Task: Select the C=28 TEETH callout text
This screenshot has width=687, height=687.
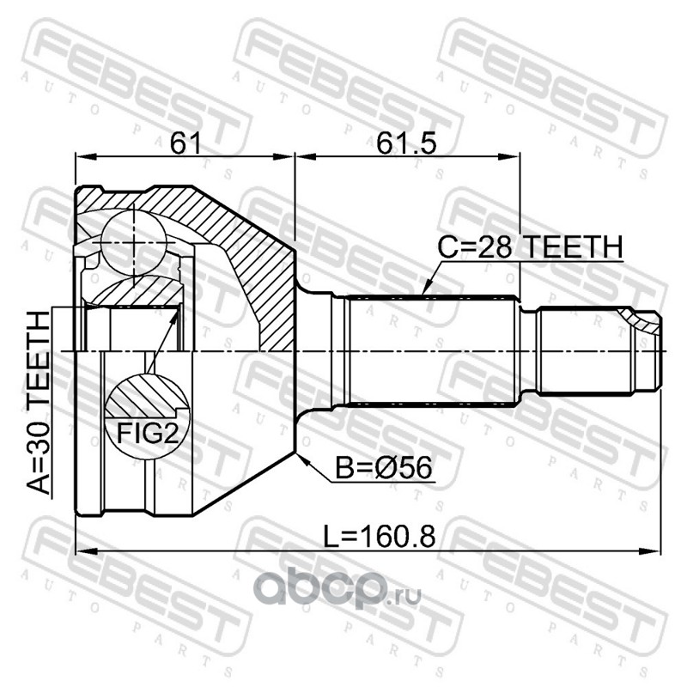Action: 531,246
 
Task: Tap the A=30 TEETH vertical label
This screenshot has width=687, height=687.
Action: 39,403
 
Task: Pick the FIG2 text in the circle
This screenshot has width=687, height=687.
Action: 148,434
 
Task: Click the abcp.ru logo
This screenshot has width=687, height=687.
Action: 337,589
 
